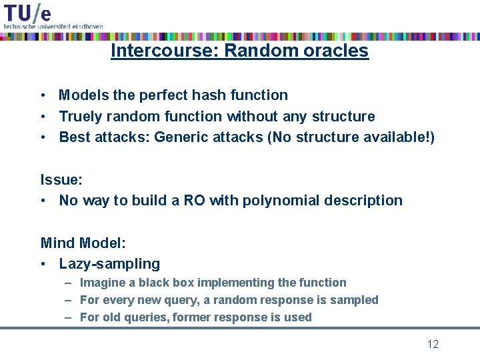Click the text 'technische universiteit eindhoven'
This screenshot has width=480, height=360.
(x=53, y=26)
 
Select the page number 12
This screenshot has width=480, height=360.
(x=433, y=345)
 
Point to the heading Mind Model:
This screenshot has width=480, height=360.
(x=82, y=243)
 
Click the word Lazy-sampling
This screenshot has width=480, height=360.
(x=109, y=264)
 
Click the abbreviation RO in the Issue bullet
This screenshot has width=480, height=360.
(x=193, y=201)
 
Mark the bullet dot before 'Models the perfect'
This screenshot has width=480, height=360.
(x=42, y=95)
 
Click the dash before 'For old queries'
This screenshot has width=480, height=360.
(x=69, y=317)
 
